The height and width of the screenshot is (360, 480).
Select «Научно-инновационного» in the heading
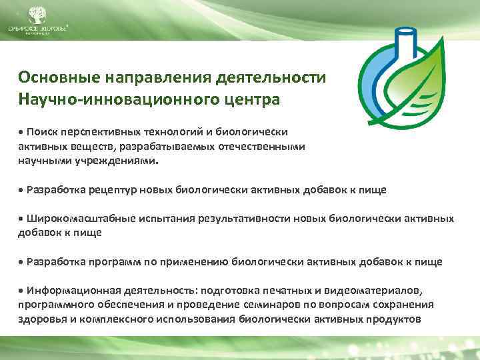(x=113, y=101)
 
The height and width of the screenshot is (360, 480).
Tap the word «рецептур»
(x=115, y=189)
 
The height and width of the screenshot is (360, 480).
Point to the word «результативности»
(x=239, y=218)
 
